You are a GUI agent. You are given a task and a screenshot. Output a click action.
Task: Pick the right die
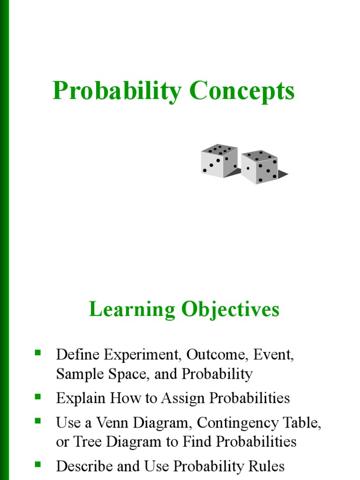coord(260,167)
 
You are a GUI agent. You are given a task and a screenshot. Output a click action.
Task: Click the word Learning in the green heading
coord(132,309)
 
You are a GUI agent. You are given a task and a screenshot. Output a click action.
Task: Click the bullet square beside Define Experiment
coord(38,352)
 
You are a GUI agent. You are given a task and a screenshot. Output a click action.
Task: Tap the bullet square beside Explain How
coord(38,396)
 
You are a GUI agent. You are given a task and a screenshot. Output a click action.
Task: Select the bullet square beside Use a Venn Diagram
coord(38,420)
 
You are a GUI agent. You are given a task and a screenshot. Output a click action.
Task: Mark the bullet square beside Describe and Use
coord(38,464)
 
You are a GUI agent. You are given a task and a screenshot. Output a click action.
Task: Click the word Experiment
coord(143,354)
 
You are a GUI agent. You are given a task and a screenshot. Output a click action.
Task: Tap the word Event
coord(273,354)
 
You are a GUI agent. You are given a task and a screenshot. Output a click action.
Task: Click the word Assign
coord(183,398)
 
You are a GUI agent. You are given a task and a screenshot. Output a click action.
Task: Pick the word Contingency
coord(235,423)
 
